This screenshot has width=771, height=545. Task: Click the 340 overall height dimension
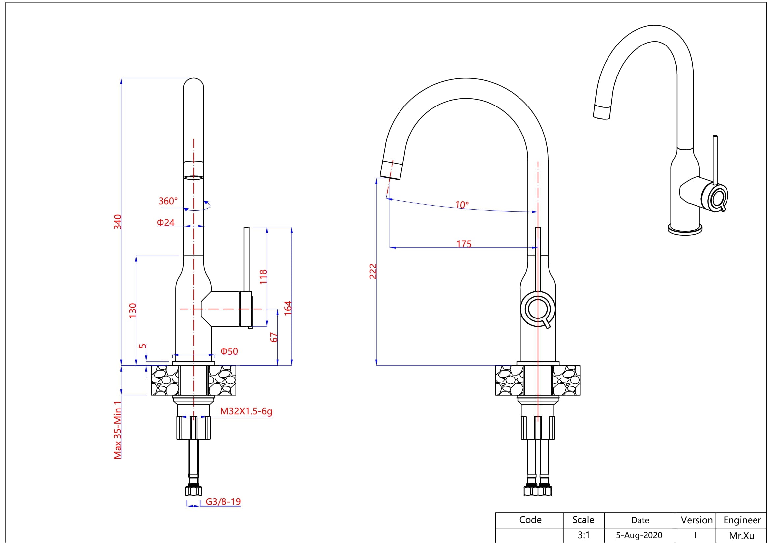click(118, 222)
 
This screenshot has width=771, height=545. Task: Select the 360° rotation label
click(168, 201)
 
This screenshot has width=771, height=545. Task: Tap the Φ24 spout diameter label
click(165, 222)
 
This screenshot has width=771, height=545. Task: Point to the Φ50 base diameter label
click(229, 351)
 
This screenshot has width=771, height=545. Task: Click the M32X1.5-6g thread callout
click(246, 411)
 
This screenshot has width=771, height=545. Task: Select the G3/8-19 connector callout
click(223, 502)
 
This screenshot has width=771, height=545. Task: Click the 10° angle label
click(462, 204)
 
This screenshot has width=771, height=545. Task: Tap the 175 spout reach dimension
click(464, 244)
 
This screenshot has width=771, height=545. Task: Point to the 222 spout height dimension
click(373, 271)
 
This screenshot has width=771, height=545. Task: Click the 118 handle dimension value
click(264, 276)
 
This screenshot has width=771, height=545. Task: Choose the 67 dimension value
click(274, 337)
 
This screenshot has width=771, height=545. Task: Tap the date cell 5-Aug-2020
click(639, 535)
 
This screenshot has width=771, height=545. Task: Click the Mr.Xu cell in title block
click(741, 535)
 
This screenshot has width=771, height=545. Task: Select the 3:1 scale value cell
click(583, 535)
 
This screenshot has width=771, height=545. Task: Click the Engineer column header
click(742, 520)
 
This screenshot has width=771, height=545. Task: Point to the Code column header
click(530, 520)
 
